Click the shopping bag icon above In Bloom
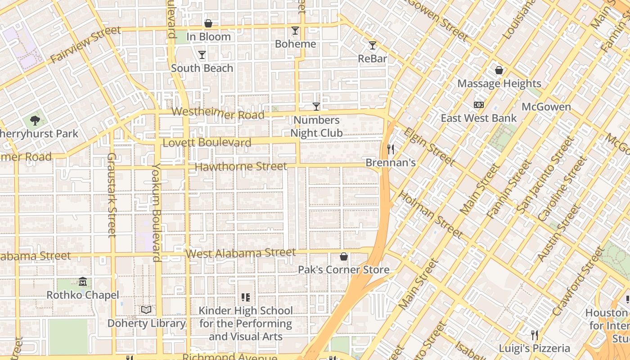208,23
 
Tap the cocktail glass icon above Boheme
295,31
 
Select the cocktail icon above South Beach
202,55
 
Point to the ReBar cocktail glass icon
372,45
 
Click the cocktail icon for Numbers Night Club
316,107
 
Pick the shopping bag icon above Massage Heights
499,70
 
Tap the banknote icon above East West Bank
479,105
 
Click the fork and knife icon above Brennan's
391,149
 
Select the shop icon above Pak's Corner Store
344,256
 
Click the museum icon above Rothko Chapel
83,282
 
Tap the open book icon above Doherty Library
146,310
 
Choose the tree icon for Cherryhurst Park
35,120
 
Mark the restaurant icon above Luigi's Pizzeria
534,335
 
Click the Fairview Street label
85,45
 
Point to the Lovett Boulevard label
207,143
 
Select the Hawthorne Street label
241,166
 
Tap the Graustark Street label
112,194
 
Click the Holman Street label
431,215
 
